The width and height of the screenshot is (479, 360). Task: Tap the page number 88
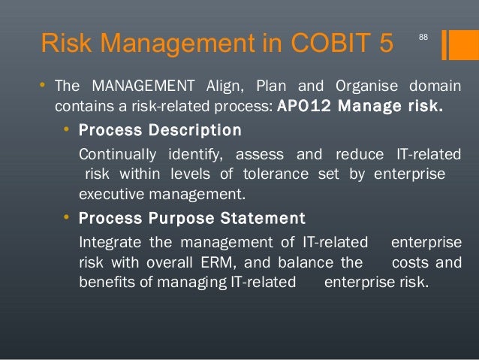coord(423,37)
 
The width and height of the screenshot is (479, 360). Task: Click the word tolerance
coord(291,175)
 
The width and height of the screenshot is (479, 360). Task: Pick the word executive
coord(109,195)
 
